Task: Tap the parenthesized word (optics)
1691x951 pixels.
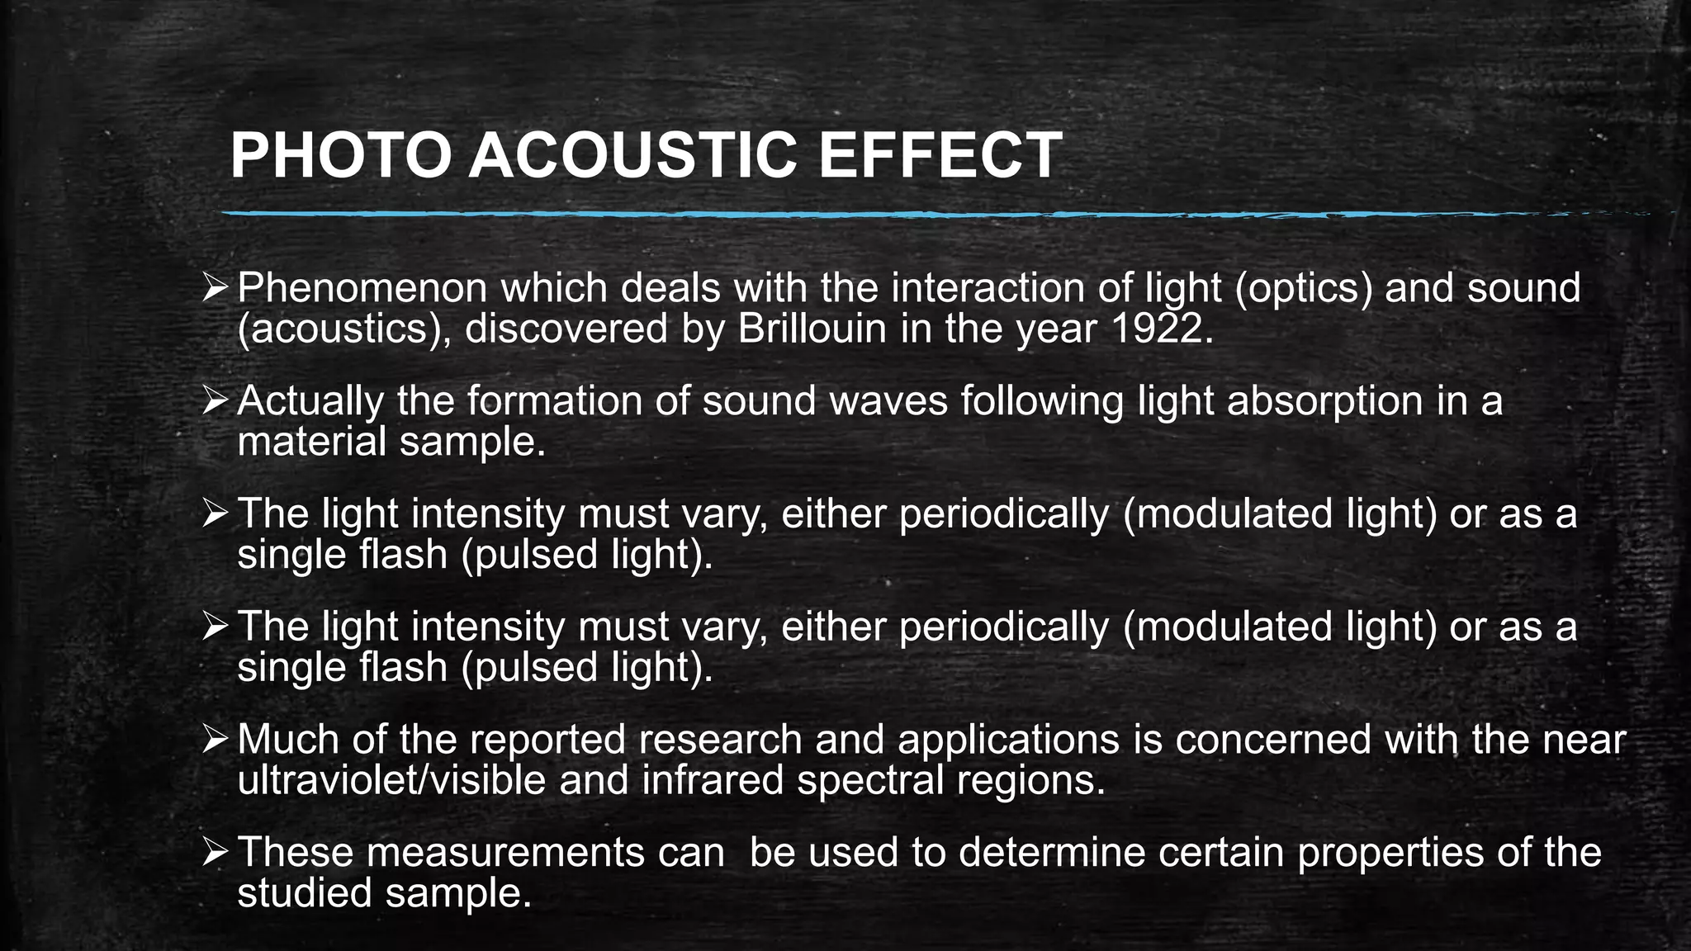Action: coord(1300,289)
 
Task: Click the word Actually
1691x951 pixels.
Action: coord(310,401)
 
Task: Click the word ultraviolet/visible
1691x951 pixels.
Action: coord(391,780)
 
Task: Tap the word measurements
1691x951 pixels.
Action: coord(504,853)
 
